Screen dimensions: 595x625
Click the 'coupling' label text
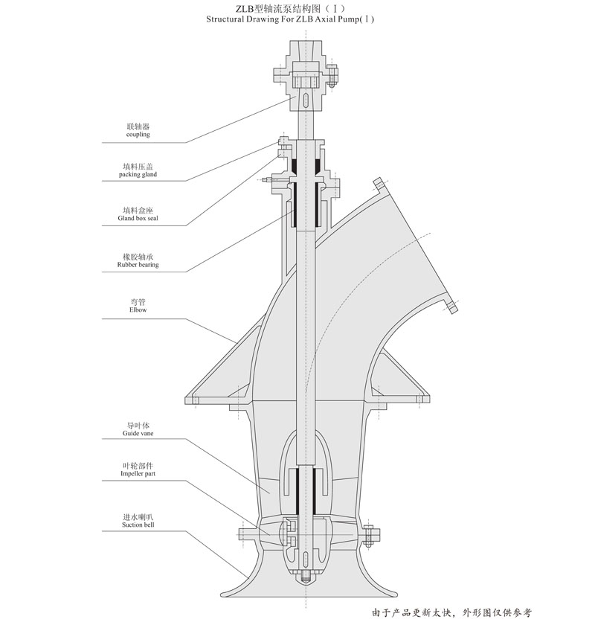(x=138, y=135)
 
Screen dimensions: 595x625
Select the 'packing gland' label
(x=138, y=175)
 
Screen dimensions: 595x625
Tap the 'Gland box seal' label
(x=138, y=219)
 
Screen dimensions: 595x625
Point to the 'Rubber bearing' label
(x=138, y=265)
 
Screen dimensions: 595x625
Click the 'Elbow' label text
(x=138, y=310)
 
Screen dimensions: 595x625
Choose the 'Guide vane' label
(x=138, y=433)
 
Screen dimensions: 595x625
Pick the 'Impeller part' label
(x=138, y=473)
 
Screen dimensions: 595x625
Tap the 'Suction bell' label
(x=138, y=525)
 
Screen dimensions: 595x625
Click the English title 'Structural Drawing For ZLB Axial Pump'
(x=290, y=19)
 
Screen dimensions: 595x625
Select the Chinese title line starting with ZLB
(x=290, y=8)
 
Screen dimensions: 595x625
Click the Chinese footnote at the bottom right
(x=451, y=612)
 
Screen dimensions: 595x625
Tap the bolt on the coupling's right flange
(x=332, y=76)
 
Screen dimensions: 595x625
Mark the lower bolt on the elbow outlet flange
(x=451, y=307)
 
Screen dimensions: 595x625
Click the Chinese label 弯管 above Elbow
(x=138, y=302)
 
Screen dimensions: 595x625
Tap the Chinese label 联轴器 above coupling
(x=138, y=126)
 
